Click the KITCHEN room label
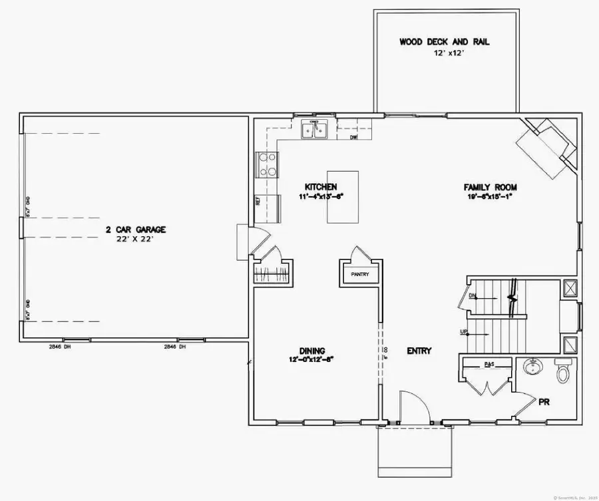coord(321,187)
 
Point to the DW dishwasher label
coord(355,137)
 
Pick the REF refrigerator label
coord(258,200)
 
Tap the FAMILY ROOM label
coord(491,188)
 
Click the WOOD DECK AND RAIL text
coord(444,41)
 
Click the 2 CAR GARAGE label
coord(135,230)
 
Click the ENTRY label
coord(419,351)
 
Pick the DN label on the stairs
coord(473,295)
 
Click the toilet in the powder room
coord(562,371)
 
